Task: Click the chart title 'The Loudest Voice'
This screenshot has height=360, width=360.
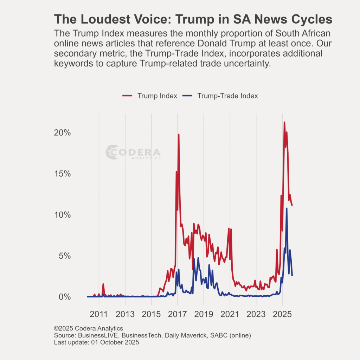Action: coord(193,19)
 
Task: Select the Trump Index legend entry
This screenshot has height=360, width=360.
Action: coord(149,96)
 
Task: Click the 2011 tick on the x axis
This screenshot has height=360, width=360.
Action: coord(99,314)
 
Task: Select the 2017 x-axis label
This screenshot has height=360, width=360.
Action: coord(178,314)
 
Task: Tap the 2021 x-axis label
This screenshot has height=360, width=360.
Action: coord(230,314)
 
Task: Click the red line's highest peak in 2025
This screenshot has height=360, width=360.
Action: coord(284,122)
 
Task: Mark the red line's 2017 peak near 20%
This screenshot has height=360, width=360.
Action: coord(179,135)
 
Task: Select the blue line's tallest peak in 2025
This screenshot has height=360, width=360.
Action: coord(287,208)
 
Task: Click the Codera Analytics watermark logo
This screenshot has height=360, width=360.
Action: coord(133,152)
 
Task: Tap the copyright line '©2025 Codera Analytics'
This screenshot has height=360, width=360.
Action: coord(88,329)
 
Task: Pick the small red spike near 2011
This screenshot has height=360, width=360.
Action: coord(103,284)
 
